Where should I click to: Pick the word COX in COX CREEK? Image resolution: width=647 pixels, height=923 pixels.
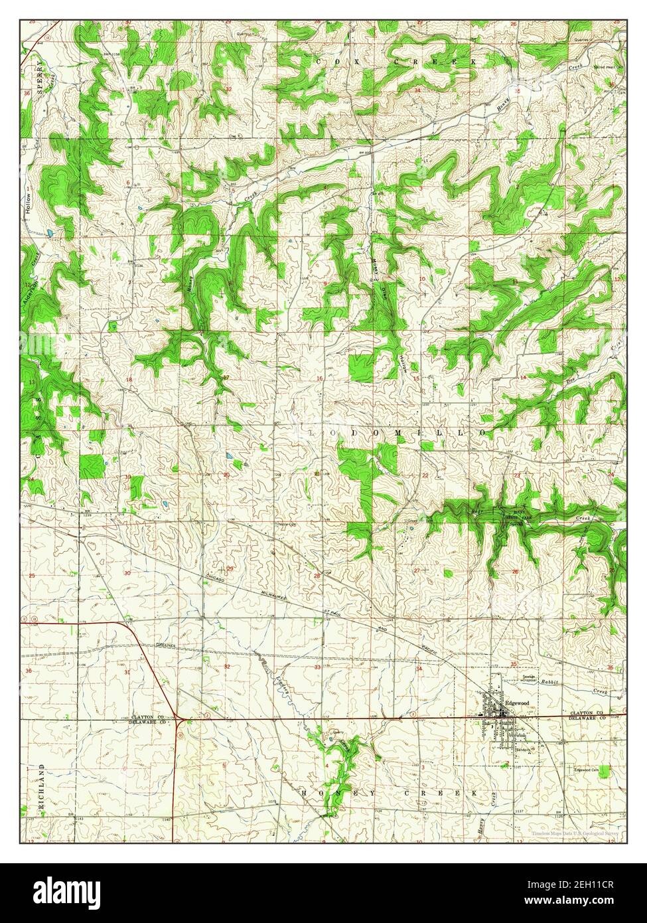326,62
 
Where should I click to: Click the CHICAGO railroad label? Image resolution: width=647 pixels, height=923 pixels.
219,578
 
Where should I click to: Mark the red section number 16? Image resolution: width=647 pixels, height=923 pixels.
319,378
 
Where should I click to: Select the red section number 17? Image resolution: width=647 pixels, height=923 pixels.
226,378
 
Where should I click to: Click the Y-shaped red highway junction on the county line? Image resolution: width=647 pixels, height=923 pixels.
179,718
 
